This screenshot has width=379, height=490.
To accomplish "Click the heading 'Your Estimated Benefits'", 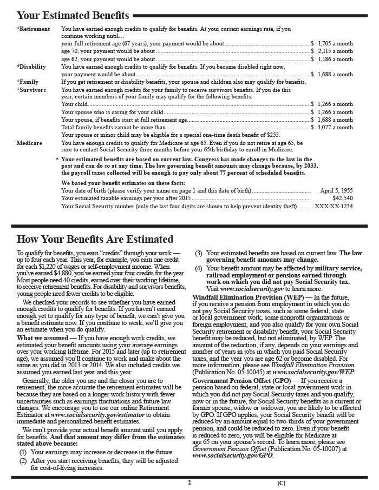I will [73, 15].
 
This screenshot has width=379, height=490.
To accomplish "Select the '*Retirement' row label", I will [34, 29].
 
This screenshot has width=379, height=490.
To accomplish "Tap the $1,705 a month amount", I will [333, 42].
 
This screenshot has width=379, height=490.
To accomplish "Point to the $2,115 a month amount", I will [333, 51].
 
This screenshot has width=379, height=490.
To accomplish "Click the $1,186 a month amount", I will [333, 59].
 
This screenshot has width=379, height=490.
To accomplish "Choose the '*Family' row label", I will [28, 82].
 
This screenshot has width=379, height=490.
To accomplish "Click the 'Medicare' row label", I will [29, 143].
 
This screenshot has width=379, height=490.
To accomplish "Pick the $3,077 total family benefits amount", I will [333, 128].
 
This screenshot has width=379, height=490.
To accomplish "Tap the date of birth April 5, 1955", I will [336, 191].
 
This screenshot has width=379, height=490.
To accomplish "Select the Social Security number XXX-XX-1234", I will [334, 206].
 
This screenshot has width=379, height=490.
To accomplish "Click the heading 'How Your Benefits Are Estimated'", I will [95, 240].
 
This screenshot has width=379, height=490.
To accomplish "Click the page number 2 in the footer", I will [190, 482].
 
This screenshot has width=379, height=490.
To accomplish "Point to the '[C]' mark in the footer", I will [281, 482].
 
